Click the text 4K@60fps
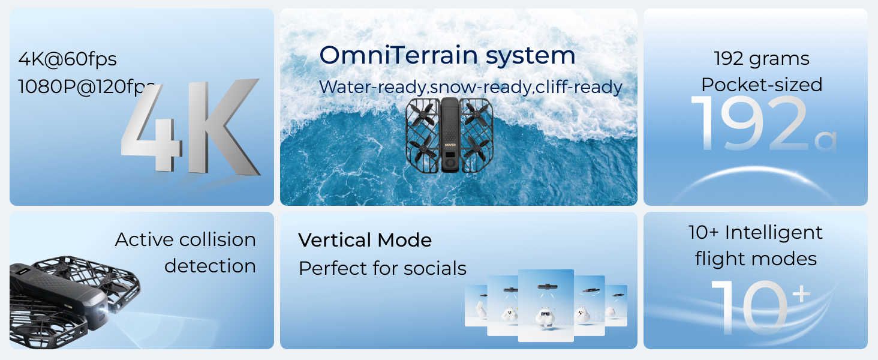click(x=67, y=59)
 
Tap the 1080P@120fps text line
click(x=86, y=86)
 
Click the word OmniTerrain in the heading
click(x=399, y=55)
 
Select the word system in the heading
click(x=531, y=57)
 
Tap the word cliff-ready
click(x=579, y=86)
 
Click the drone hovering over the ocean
click(x=449, y=135)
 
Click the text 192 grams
click(x=761, y=59)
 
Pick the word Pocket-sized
click(x=762, y=85)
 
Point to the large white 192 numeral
click(x=750, y=124)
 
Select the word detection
click(x=210, y=266)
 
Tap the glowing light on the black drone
click(x=104, y=311)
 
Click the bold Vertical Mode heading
click(x=365, y=240)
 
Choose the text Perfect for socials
click(x=382, y=269)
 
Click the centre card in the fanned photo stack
click(x=546, y=305)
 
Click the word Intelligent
click(x=773, y=233)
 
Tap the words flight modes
click(x=756, y=259)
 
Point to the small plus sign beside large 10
click(x=802, y=294)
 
